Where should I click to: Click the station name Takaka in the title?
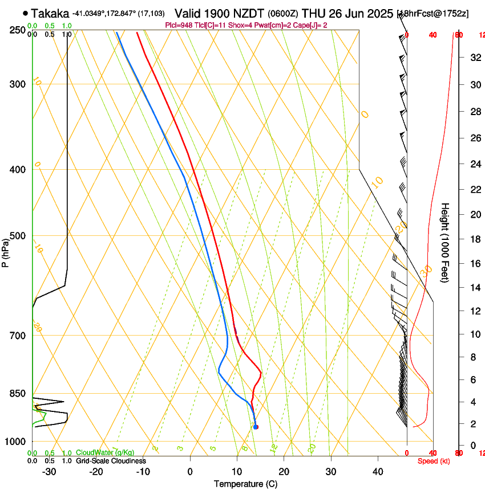(x=50, y=13)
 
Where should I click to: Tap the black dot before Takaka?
(x=25, y=13)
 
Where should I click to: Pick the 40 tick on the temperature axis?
(x=377, y=472)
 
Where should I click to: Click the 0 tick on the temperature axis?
(x=190, y=472)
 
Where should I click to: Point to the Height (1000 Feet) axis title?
(x=445, y=243)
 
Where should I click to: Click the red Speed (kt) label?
(x=434, y=461)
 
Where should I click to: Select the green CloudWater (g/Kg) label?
(x=105, y=452)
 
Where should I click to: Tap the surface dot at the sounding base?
(x=256, y=427)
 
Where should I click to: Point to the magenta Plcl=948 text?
(x=177, y=25)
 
